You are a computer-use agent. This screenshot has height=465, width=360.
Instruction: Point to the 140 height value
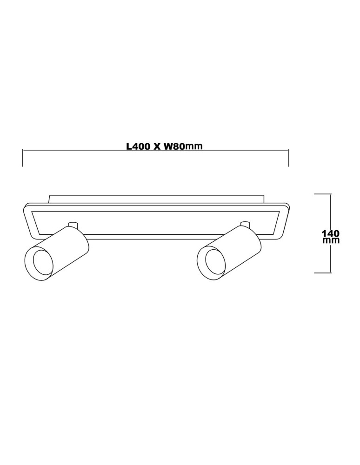(x=331, y=232)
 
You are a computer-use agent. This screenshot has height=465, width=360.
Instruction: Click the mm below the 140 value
(x=331, y=240)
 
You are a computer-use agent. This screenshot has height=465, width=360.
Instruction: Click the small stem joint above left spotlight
(x=72, y=226)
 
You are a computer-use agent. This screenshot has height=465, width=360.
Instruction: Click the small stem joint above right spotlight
(x=245, y=225)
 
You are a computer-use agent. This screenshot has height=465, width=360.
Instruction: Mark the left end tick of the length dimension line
(x=23, y=158)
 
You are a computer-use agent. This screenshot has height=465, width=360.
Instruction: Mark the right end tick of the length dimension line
(x=289, y=158)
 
